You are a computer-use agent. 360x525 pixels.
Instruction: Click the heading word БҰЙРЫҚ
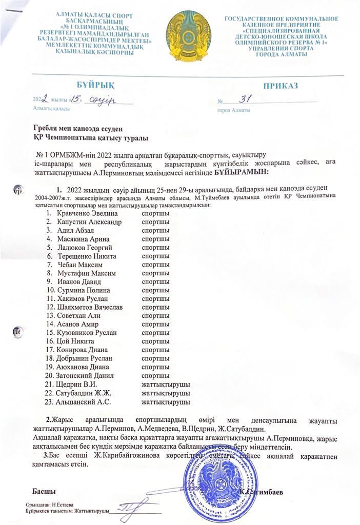pos(93,85)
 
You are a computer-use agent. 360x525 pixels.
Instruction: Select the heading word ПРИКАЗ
pos(280,86)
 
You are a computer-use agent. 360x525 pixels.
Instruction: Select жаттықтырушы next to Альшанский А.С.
pos(166,401)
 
